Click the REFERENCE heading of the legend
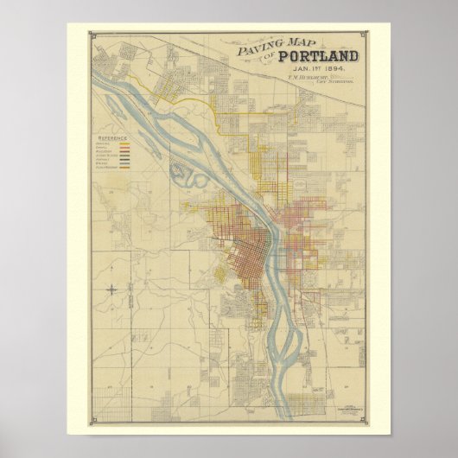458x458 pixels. coord(113,137)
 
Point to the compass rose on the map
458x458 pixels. coord(114,290)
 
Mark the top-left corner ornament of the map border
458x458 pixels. coord(92,35)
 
